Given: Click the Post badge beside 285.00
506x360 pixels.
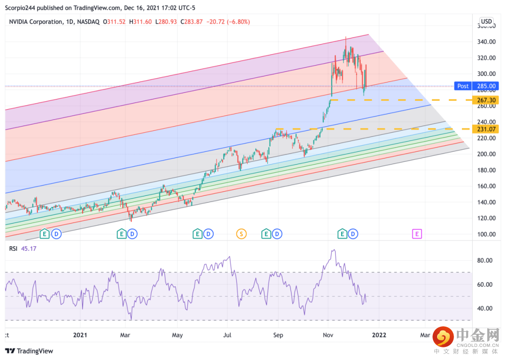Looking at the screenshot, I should coord(463,86).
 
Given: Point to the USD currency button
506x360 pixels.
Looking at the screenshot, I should coord(486,21).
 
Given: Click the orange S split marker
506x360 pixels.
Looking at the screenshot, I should coord(241,233).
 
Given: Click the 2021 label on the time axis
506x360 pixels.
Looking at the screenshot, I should coord(80,336).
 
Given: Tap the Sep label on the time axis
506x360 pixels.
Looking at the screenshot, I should coord(278,336).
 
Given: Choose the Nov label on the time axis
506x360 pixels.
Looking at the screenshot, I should coord(328,336).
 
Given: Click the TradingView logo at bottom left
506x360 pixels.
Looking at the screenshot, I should coord(29,351).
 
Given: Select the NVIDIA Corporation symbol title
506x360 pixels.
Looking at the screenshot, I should coord(36,22).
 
